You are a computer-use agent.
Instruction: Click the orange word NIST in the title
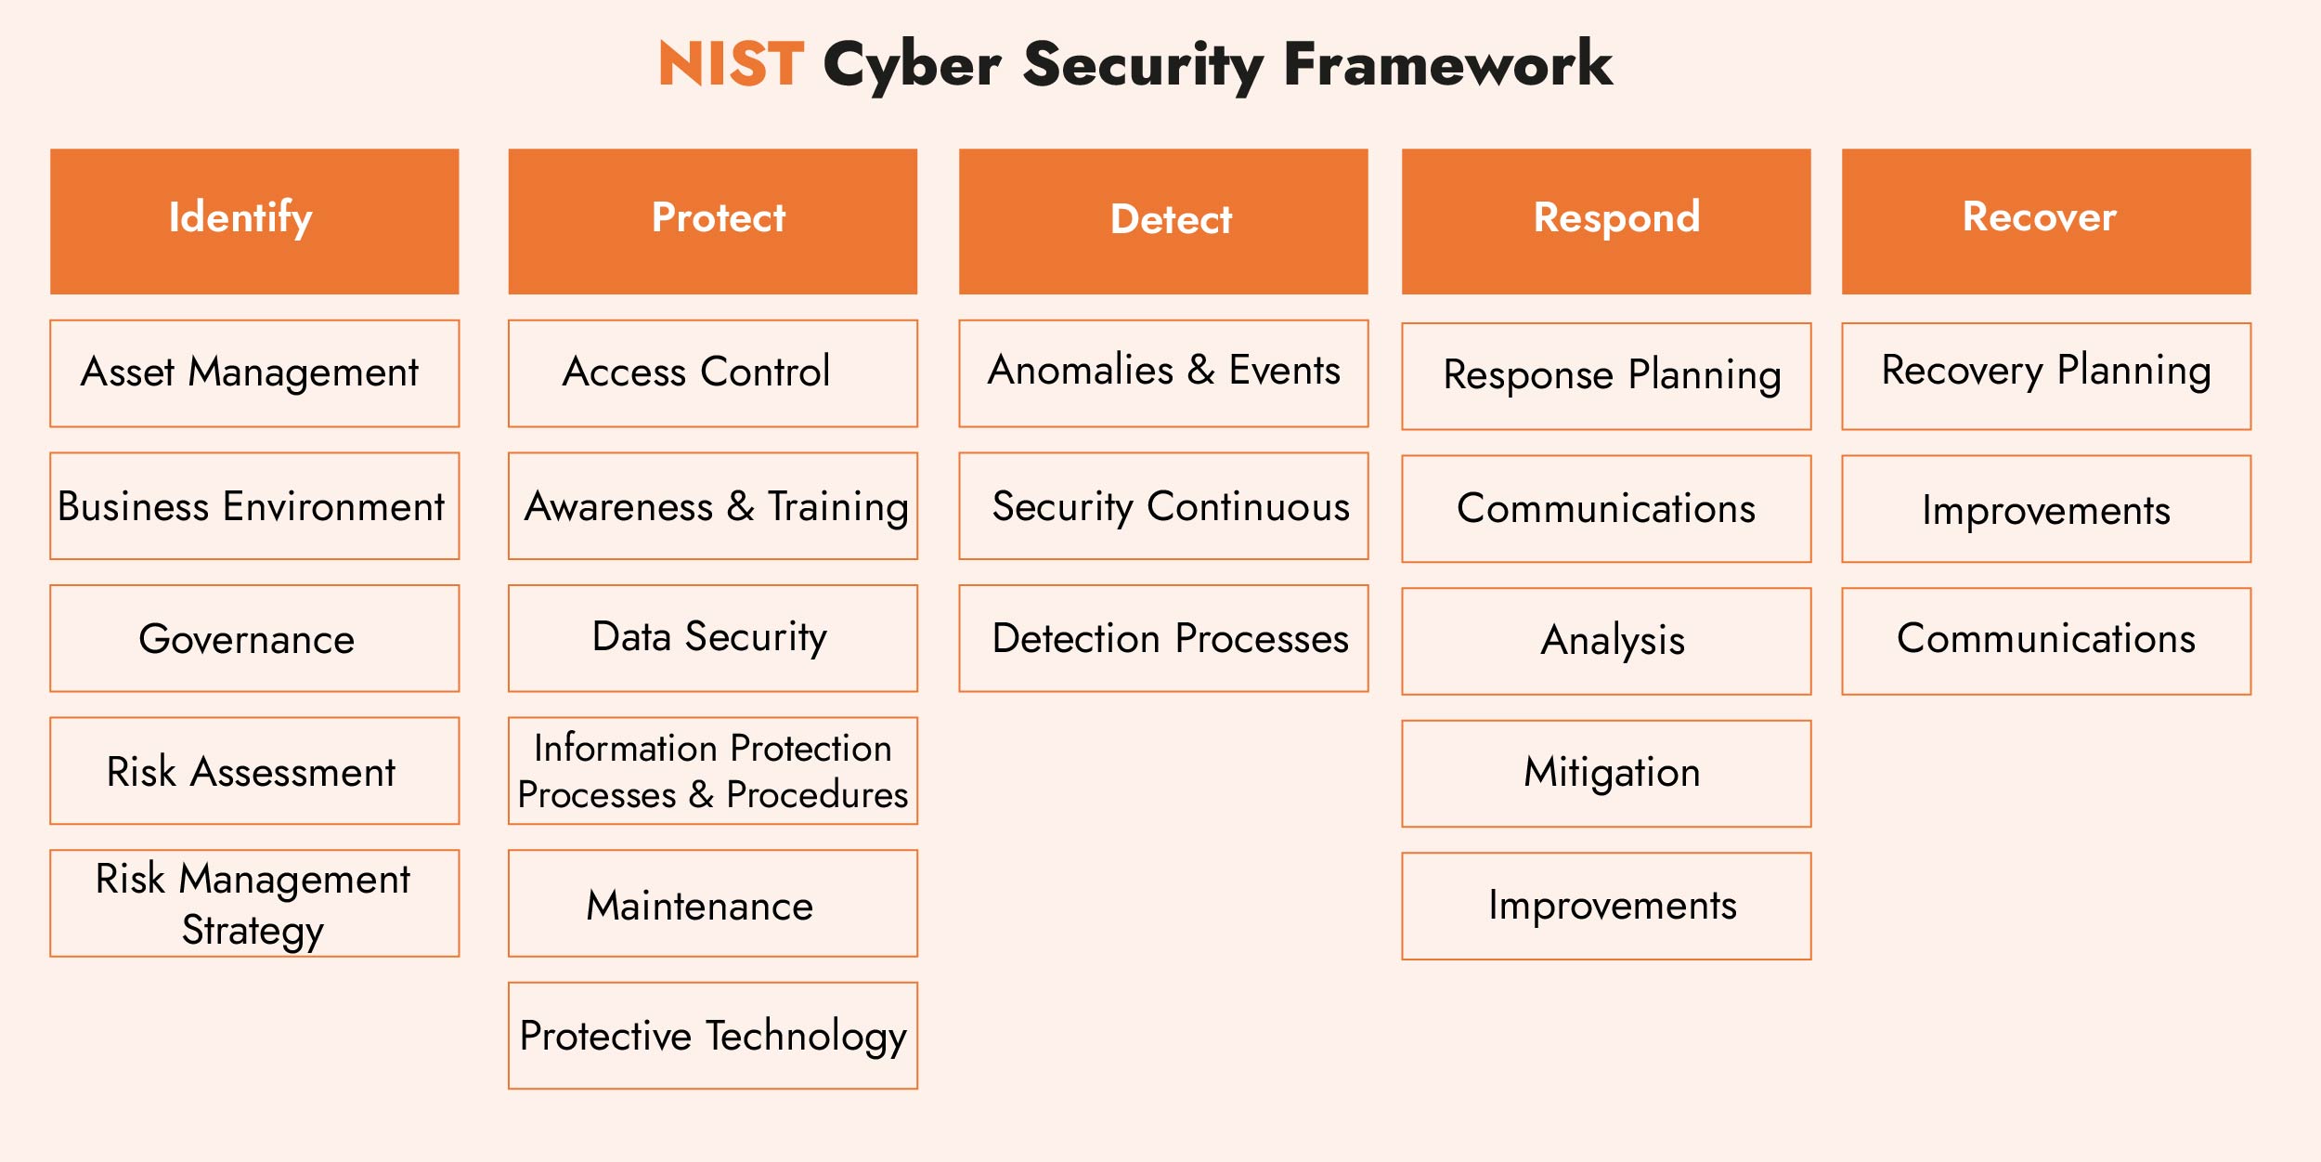(x=731, y=64)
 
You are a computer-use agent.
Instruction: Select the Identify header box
(x=254, y=221)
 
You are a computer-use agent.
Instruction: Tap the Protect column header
(x=712, y=221)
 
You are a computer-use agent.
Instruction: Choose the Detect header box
(x=1163, y=221)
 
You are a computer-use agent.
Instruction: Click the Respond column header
(x=1606, y=221)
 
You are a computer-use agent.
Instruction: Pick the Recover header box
(x=2046, y=221)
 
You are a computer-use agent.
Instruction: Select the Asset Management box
(x=254, y=373)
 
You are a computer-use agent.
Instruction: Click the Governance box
(x=254, y=638)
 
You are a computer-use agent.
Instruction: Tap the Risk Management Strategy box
(x=254, y=903)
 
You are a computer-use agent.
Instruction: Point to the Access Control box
(x=712, y=373)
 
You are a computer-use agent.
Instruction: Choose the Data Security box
(x=712, y=638)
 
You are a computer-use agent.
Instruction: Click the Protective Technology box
(x=712, y=1036)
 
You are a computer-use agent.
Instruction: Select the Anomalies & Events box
(x=1163, y=373)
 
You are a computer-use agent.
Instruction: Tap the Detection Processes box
(x=1163, y=638)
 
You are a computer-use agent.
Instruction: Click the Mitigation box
(x=1606, y=773)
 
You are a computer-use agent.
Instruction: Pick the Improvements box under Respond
(x=1606, y=906)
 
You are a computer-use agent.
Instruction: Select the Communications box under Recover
(x=2046, y=641)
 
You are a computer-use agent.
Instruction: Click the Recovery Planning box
(x=2046, y=375)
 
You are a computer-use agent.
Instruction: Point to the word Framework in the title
(x=1447, y=64)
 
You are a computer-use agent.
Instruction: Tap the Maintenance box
(x=712, y=903)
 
